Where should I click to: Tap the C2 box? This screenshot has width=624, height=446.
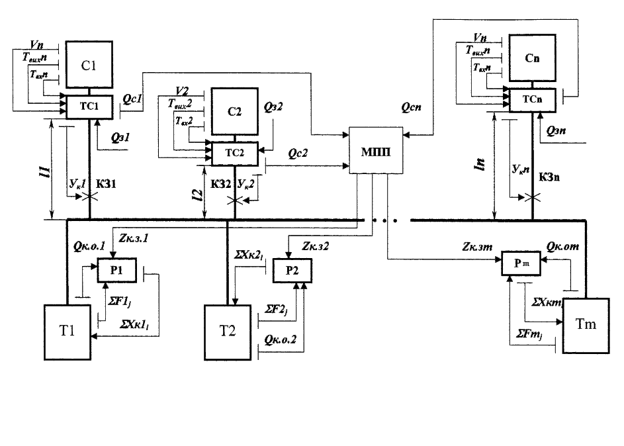point(235,112)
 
